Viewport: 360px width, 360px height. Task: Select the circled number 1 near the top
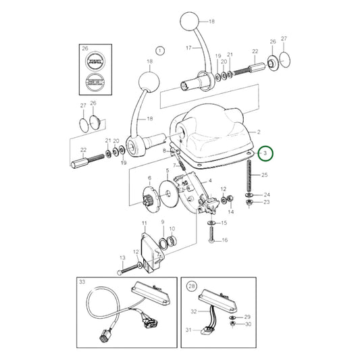coord(160,50)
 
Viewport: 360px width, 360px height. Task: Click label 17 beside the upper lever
coord(190,47)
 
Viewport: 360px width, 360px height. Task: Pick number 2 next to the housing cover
coord(257,132)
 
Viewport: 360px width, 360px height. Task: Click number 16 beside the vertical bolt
coord(225,240)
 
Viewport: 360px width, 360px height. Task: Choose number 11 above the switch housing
coord(144,223)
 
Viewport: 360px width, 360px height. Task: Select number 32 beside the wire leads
coord(194,312)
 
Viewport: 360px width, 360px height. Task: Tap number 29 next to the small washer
coord(247,317)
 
